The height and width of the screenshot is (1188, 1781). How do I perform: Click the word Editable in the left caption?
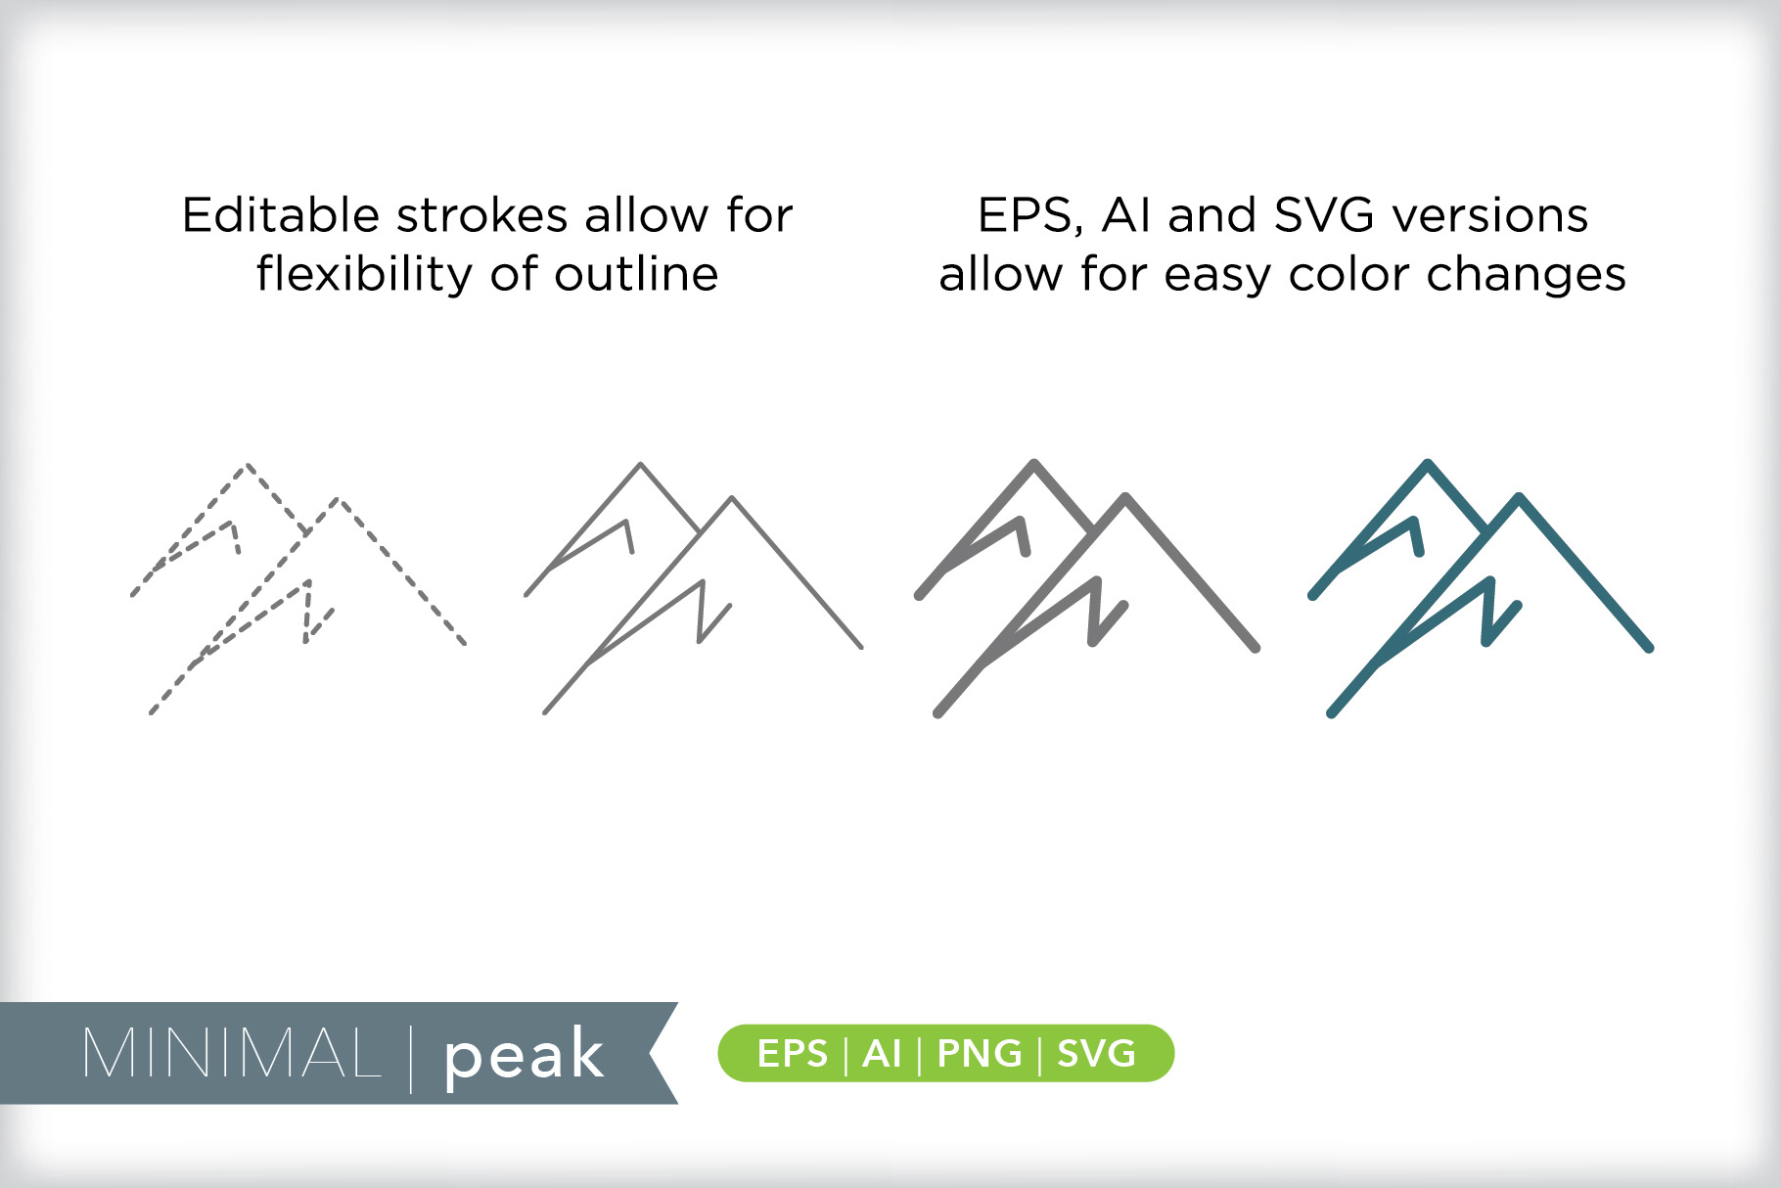click(x=280, y=214)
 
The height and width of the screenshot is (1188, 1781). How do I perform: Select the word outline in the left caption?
click(x=636, y=273)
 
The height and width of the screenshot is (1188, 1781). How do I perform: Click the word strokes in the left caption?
click(x=481, y=214)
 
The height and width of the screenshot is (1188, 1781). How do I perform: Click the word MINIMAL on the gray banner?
click(x=232, y=1054)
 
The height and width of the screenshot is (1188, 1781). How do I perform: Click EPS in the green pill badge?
click(x=793, y=1054)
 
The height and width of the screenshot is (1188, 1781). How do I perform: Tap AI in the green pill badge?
click(x=882, y=1054)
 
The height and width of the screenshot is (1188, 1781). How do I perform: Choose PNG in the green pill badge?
click(x=980, y=1054)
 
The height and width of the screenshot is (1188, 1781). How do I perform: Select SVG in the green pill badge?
click(x=1097, y=1054)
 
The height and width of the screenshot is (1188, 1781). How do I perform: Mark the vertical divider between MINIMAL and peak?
click(x=411, y=1058)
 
